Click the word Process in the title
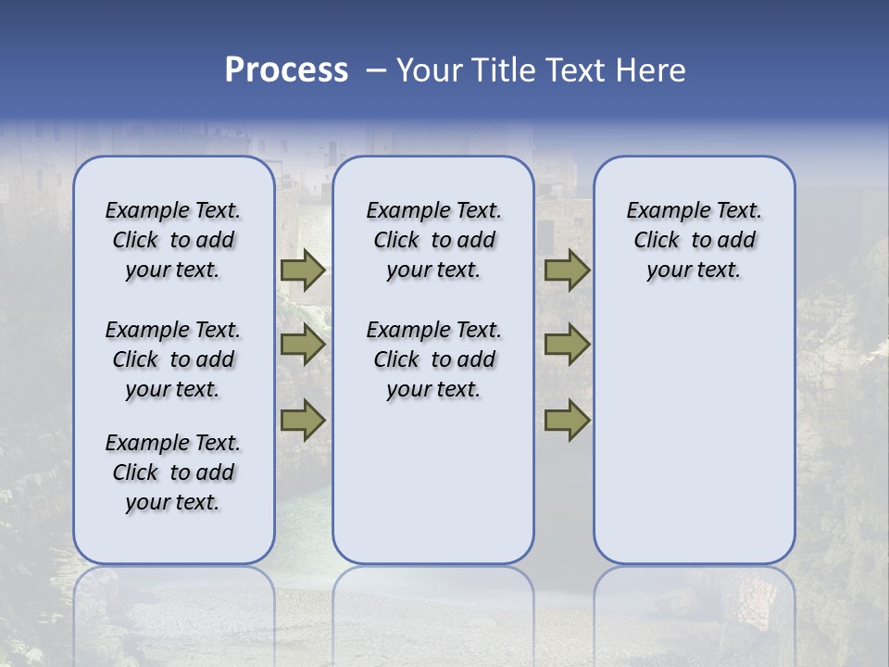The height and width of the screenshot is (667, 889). pos(286,70)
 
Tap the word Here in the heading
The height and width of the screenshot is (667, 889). pos(652,70)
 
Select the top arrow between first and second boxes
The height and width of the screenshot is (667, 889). pos(302,271)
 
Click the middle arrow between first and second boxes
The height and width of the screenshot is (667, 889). pos(302,345)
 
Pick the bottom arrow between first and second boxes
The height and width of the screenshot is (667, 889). pos(302,420)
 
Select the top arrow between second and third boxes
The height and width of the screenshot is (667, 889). pos(567,271)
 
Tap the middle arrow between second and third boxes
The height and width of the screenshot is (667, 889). pos(567,345)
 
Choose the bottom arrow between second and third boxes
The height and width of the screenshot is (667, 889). pos(567,420)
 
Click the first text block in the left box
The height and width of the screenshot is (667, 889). pos(173,240)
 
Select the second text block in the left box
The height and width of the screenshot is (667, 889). pos(173,359)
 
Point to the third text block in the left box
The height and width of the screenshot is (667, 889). pos(173,472)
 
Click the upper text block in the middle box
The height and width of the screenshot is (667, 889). pos(433,240)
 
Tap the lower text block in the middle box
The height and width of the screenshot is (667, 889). pos(433,359)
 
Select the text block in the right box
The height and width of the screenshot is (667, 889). pos(694,240)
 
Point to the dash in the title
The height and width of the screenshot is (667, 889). pos(376,70)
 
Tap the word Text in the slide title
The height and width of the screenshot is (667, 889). pos(574,70)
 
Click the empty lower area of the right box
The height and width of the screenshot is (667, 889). pos(694,445)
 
